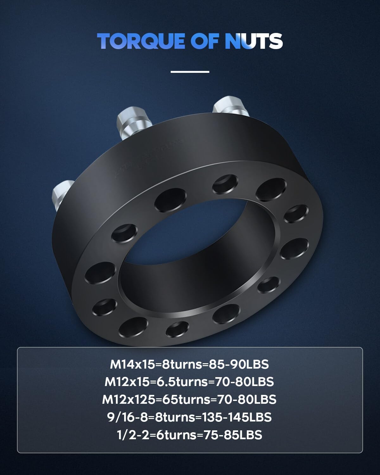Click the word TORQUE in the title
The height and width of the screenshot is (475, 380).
(x=141, y=41)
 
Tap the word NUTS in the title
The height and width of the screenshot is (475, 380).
(x=254, y=41)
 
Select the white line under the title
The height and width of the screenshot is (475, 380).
(x=190, y=72)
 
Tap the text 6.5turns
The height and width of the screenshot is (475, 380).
(x=179, y=382)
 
